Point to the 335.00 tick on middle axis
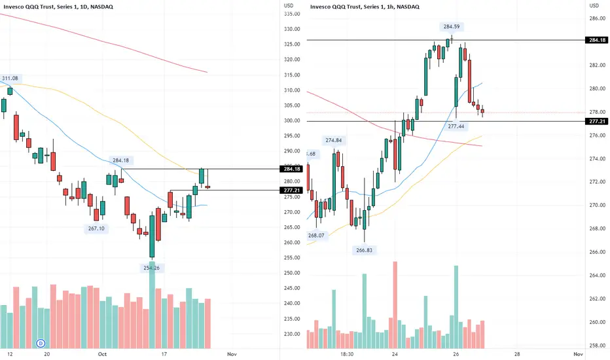click(292, 13)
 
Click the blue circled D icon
click(41, 342)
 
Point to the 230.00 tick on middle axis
click(292, 334)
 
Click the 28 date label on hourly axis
click(517, 354)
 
